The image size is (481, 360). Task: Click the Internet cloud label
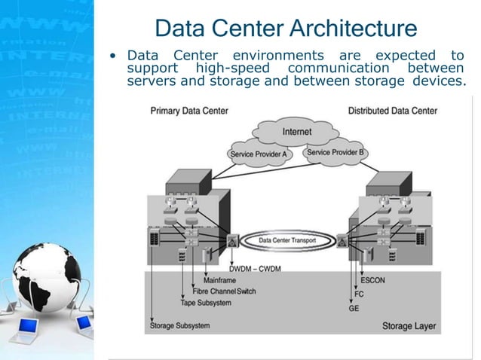(x=296, y=132)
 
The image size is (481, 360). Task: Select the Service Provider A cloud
(x=258, y=154)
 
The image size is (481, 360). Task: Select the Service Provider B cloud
(x=335, y=153)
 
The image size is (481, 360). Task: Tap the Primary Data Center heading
(x=189, y=111)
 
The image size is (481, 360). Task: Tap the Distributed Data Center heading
(x=392, y=111)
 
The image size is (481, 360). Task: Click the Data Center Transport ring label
(x=288, y=241)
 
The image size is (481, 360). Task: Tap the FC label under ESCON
(x=359, y=294)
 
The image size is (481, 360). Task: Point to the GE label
(x=354, y=308)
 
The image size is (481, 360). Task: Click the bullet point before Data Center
(x=112, y=56)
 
